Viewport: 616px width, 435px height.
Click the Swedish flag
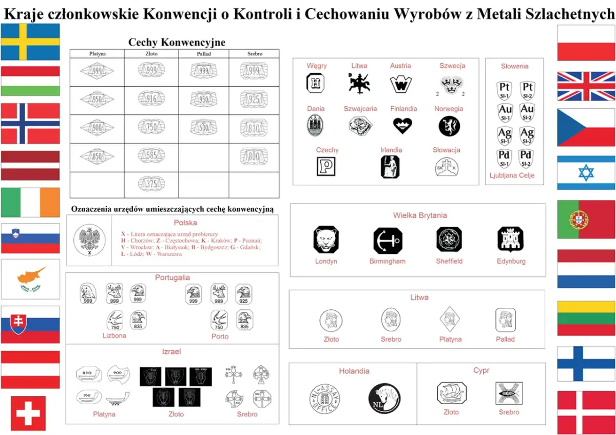(30, 42)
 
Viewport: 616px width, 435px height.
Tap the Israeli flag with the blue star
(586, 173)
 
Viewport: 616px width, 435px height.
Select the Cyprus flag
(30, 279)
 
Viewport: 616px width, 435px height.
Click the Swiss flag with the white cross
(28, 413)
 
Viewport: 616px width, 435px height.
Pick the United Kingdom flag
(586, 86)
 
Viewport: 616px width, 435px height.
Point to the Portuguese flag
(586, 220)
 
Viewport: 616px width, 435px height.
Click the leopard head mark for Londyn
(326, 240)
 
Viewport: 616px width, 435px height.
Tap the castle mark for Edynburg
(510, 240)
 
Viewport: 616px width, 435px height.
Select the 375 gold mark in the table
(151, 184)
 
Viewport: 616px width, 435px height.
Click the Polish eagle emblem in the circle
(89, 240)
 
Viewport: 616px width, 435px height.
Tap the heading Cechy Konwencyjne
(176, 42)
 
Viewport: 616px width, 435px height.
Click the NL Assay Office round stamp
(325, 398)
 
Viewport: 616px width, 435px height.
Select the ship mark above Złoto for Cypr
(451, 393)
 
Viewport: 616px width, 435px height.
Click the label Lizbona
(114, 336)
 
